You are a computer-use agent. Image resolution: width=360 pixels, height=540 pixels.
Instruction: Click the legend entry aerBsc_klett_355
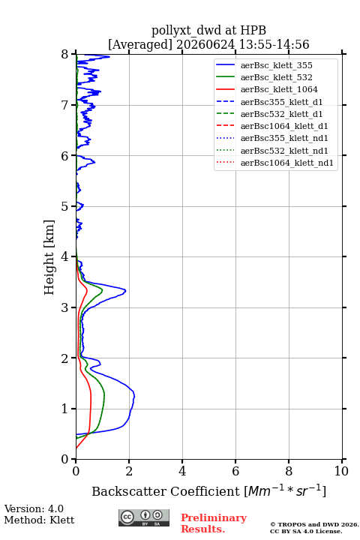click(x=276, y=65)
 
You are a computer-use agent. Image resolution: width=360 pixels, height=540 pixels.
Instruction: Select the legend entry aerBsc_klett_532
click(x=276, y=77)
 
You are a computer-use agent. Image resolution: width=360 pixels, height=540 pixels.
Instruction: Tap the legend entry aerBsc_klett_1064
click(x=279, y=89)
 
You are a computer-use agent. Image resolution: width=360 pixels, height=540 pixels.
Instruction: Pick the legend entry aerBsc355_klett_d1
click(x=281, y=102)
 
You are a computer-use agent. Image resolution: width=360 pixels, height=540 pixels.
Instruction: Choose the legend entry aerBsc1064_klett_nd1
click(x=287, y=163)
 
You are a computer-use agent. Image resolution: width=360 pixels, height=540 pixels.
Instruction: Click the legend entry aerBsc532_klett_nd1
click(x=284, y=151)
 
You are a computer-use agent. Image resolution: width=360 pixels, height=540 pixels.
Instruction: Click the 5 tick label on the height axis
click(x=65, y=206)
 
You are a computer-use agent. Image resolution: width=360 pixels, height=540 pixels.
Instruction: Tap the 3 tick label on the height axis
click(x=65, y=307)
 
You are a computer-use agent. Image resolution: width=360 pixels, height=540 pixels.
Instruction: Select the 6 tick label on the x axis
click(x=235, y=471)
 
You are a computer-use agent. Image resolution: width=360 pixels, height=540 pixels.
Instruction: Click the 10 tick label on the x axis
click(x=341, y=471)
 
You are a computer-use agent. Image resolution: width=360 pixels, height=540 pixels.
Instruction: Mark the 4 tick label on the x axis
click(x=182, y=471)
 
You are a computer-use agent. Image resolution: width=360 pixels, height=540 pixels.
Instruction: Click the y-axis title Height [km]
click(x=49, y=257)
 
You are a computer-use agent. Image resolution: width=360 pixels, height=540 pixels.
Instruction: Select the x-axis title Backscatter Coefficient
click(x=166, y=491)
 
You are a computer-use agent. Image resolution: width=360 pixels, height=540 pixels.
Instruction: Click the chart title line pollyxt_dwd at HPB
click(x=208, y=30)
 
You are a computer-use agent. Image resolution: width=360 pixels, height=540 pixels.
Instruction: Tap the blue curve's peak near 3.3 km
click(x=125, y=291)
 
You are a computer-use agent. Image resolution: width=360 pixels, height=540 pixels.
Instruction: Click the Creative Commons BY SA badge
click(x=144, y=517)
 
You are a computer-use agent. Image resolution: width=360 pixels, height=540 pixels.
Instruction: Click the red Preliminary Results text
click(x=214, y=523)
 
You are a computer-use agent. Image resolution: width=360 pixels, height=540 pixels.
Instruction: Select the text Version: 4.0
click(x=34, y=508)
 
